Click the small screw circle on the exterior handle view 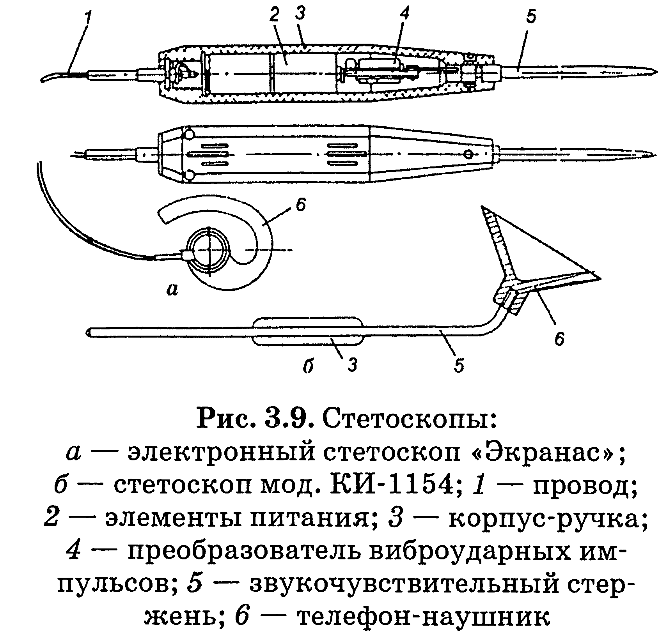[469, 155]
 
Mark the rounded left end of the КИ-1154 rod [89, 332]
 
